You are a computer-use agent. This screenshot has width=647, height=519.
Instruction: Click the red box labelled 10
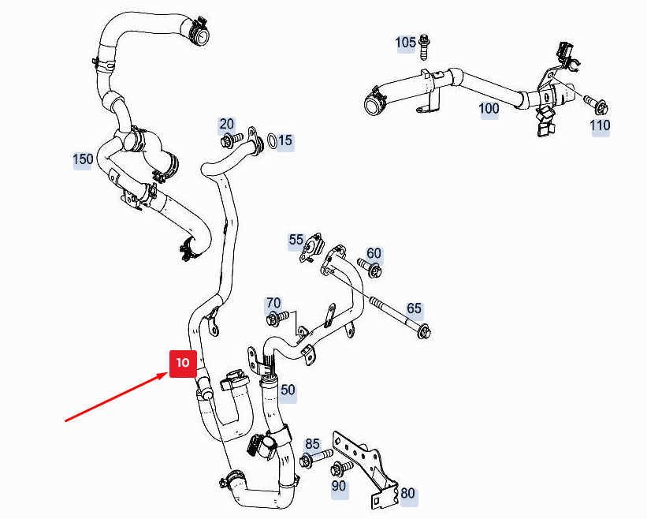[x=183, y=364]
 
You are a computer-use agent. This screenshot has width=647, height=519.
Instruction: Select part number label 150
[x=83, y=159]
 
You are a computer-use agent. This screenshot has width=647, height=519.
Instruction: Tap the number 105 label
[x=406, y=43]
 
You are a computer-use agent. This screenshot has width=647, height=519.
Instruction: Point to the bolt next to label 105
[x=423, y=47]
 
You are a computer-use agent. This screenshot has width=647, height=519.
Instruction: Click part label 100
[x=489, y=109]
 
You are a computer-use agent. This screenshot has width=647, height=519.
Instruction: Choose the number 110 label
[x=600, y=125]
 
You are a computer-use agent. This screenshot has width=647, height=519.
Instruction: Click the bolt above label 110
[x=597, y=104]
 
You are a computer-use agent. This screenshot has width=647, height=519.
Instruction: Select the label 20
[x=226, y=124]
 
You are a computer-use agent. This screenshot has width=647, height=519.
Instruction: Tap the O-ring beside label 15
[x=272, y=141]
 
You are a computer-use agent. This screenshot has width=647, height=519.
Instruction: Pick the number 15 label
[x=285, y=141]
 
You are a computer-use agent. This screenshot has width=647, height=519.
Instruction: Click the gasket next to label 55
[x=310, y=248]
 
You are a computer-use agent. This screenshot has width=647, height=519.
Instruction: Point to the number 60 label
[x=374, y=253]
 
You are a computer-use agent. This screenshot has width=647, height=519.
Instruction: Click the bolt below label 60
[x=370, y=268]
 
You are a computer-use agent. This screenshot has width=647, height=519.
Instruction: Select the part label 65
[x=415, y=309]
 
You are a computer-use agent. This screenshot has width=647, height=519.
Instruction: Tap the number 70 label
[x=273, y=304]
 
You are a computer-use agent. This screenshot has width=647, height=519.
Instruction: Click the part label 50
[x=288, y=390]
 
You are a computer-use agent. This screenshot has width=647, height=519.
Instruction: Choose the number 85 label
[x=312, y=444]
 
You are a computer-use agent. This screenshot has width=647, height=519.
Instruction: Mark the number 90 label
[x=339, y=486]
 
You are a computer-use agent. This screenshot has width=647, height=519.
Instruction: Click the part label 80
[x=407, y=494]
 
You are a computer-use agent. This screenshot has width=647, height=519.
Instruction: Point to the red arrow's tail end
[x=66, y=421]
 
